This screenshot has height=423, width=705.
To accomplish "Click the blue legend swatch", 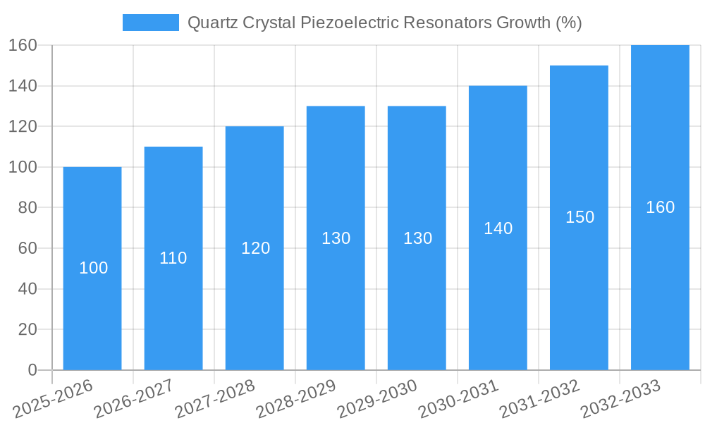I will pos(150,23).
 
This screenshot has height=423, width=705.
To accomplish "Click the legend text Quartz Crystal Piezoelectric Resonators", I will pos(384,23).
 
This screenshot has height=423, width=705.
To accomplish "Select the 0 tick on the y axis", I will pos(32,370).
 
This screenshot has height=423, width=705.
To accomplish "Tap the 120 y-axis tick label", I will pos(23,127).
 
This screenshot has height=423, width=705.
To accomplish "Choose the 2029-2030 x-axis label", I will pos(377,398).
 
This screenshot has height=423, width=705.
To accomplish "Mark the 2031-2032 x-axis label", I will pos(539,398).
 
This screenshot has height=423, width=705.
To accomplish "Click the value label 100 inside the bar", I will pos(93,268).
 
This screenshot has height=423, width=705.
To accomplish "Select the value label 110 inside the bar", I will pos(173,258).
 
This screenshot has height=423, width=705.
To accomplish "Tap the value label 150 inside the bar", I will pos(580,217).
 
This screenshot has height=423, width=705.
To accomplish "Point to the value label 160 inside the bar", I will pos(661,207).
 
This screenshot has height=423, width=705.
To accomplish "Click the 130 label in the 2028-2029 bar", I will pos(336,238).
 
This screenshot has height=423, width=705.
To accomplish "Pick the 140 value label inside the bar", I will pos(498,228).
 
